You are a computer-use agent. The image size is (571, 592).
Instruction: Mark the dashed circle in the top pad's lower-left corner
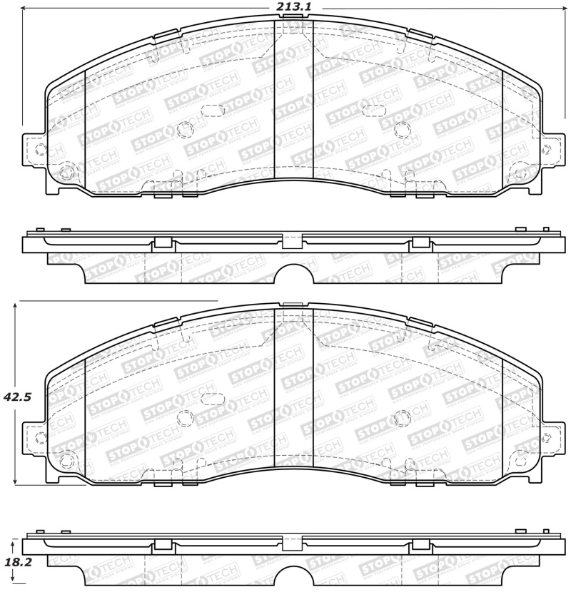[66, 171]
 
